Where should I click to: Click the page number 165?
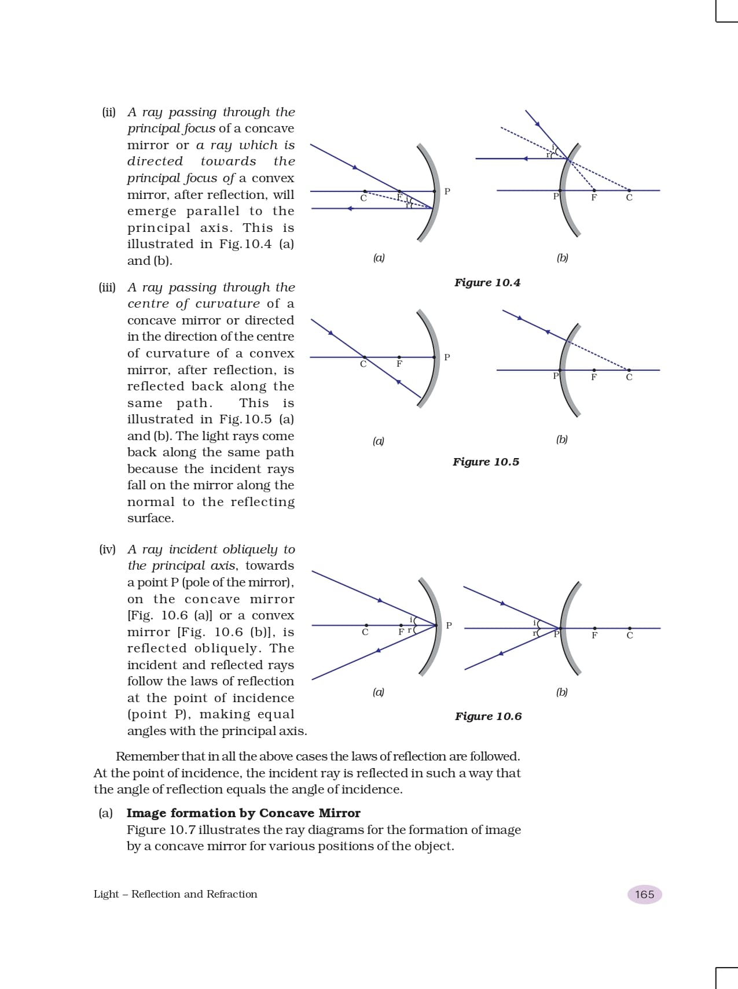(644, 894)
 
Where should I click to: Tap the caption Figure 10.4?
(487, 283)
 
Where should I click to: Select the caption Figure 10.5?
(486, 462)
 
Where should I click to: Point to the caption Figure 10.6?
(488, 717)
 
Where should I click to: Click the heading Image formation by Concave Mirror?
(243, 813)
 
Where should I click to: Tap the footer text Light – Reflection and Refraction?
(175, 894)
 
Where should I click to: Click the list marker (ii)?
(109, 112)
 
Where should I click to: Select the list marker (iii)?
(107, 287)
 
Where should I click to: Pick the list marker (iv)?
(107, 549)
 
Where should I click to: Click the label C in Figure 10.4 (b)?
(629, 198)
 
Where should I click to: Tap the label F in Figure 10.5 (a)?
(399, 364)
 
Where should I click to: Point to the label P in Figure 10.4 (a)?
(447, 191)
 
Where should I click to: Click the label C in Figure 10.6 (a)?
(365, 633)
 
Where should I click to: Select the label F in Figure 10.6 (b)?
(594, 636)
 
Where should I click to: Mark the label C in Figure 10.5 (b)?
(629, 378)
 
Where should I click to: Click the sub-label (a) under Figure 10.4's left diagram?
(379, 258)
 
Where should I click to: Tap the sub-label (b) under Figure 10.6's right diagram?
(562, 692)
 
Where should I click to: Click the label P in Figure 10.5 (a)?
(447, 357)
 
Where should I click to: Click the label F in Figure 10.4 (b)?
(594, 198)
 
